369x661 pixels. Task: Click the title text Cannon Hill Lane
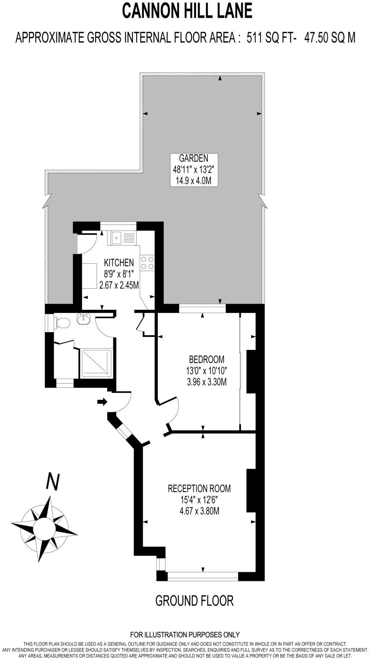click(x=187, y=10)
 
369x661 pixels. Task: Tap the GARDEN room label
click(x=194, y=158)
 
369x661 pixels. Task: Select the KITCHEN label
click(x=119, y=262)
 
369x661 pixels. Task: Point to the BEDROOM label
click(x=207, y=359)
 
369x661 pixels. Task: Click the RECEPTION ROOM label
click(x=199, y=489)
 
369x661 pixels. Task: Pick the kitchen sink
click(x=123, y=237)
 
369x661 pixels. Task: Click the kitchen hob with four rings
click(x=147, y=262)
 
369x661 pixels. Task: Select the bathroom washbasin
click(x=83, y=319)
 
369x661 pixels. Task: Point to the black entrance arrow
click(x=102, y=402)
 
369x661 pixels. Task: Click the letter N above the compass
click(x=53, y=482)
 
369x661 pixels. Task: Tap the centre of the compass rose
click(x=44, y=527)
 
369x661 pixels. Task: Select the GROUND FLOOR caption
click(x=194, y=600)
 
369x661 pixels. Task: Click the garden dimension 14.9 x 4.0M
click(x=194, y=181)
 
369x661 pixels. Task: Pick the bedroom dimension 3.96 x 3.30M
click(x=207, y=381)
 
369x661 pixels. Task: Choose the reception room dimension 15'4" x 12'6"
click(x=199, y=500)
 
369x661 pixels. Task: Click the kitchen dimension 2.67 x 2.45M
click(x=119, y=285)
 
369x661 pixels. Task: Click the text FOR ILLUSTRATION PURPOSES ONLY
click(x=184, y=635)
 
